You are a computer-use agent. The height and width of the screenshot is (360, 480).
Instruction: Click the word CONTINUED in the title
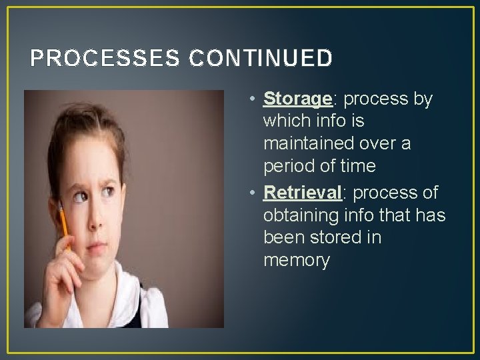261,59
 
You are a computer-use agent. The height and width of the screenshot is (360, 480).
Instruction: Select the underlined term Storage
297,99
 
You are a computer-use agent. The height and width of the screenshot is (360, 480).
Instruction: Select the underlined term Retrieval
303,193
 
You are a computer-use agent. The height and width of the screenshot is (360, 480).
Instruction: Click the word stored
333,237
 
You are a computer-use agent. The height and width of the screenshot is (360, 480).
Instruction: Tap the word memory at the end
297,261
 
